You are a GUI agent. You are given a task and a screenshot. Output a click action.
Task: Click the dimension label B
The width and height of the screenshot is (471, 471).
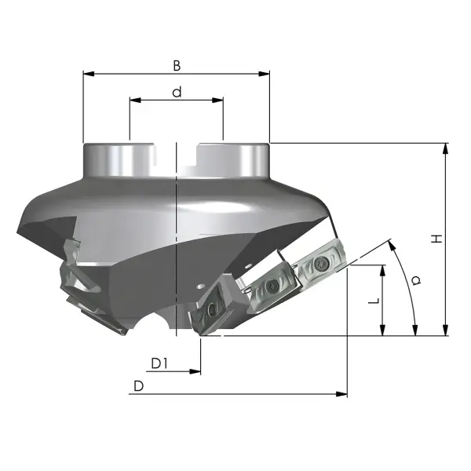point(177,66)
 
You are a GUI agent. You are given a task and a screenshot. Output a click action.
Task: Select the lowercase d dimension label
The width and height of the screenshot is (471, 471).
point(177,92)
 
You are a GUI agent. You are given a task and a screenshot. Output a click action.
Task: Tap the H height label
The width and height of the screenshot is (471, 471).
point(436,239)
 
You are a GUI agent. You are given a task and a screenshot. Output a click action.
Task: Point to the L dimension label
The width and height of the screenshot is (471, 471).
point(374,301)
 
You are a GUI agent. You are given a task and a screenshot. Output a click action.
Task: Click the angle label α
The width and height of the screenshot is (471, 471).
point(416,280)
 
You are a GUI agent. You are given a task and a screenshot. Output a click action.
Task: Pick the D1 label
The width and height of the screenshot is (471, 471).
point(159,363)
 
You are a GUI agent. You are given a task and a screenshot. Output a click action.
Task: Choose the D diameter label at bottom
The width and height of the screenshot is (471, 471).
point(138,386)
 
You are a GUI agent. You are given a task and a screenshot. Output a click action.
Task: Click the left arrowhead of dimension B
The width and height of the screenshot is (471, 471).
point(89,74)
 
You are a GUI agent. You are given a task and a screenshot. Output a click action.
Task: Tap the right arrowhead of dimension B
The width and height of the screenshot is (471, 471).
point(264,74)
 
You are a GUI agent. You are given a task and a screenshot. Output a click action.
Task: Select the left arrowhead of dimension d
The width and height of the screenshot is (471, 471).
point(135,100)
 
